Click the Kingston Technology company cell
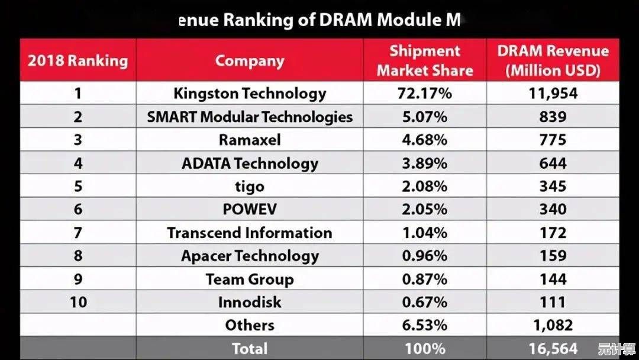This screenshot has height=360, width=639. pos(250,94)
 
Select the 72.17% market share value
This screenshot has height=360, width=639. pos(425,94)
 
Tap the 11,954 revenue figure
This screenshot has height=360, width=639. pos(553,94)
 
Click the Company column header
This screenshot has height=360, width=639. pos(250,60)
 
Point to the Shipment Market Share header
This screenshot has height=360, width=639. pos(425,60)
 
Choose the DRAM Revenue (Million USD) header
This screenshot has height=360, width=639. pos(553,60)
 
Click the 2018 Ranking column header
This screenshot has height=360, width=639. pos(78,60)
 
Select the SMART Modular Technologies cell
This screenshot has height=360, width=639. pos(250,117)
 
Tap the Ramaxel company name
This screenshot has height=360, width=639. pos(250,140)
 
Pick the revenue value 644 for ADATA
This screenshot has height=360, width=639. pos(553,163)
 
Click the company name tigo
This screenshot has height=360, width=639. pos(250,187)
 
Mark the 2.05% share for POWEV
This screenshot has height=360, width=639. pos(425,210)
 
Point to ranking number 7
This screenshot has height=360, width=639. pos(78,233)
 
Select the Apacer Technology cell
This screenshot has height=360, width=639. pos(250,256)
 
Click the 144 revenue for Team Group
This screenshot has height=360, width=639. pos(553,279)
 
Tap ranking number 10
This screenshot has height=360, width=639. pos(78,302)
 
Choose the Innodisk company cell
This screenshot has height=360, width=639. pos(250,302)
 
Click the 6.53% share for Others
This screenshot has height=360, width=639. pos(425,325)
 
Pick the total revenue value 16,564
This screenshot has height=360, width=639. pos(553,348)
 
